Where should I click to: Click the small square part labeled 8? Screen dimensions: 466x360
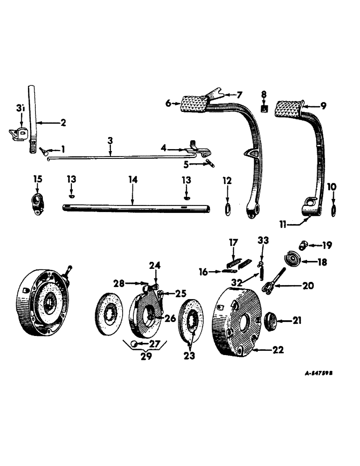[264, 109]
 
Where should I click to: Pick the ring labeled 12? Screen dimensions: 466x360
[227, 209]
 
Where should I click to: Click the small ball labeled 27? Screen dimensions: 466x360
[133, 344]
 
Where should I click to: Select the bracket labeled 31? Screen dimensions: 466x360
[17, 134]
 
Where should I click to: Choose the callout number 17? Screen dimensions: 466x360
[233, 242]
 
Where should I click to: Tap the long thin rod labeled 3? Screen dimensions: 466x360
[117, 158]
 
